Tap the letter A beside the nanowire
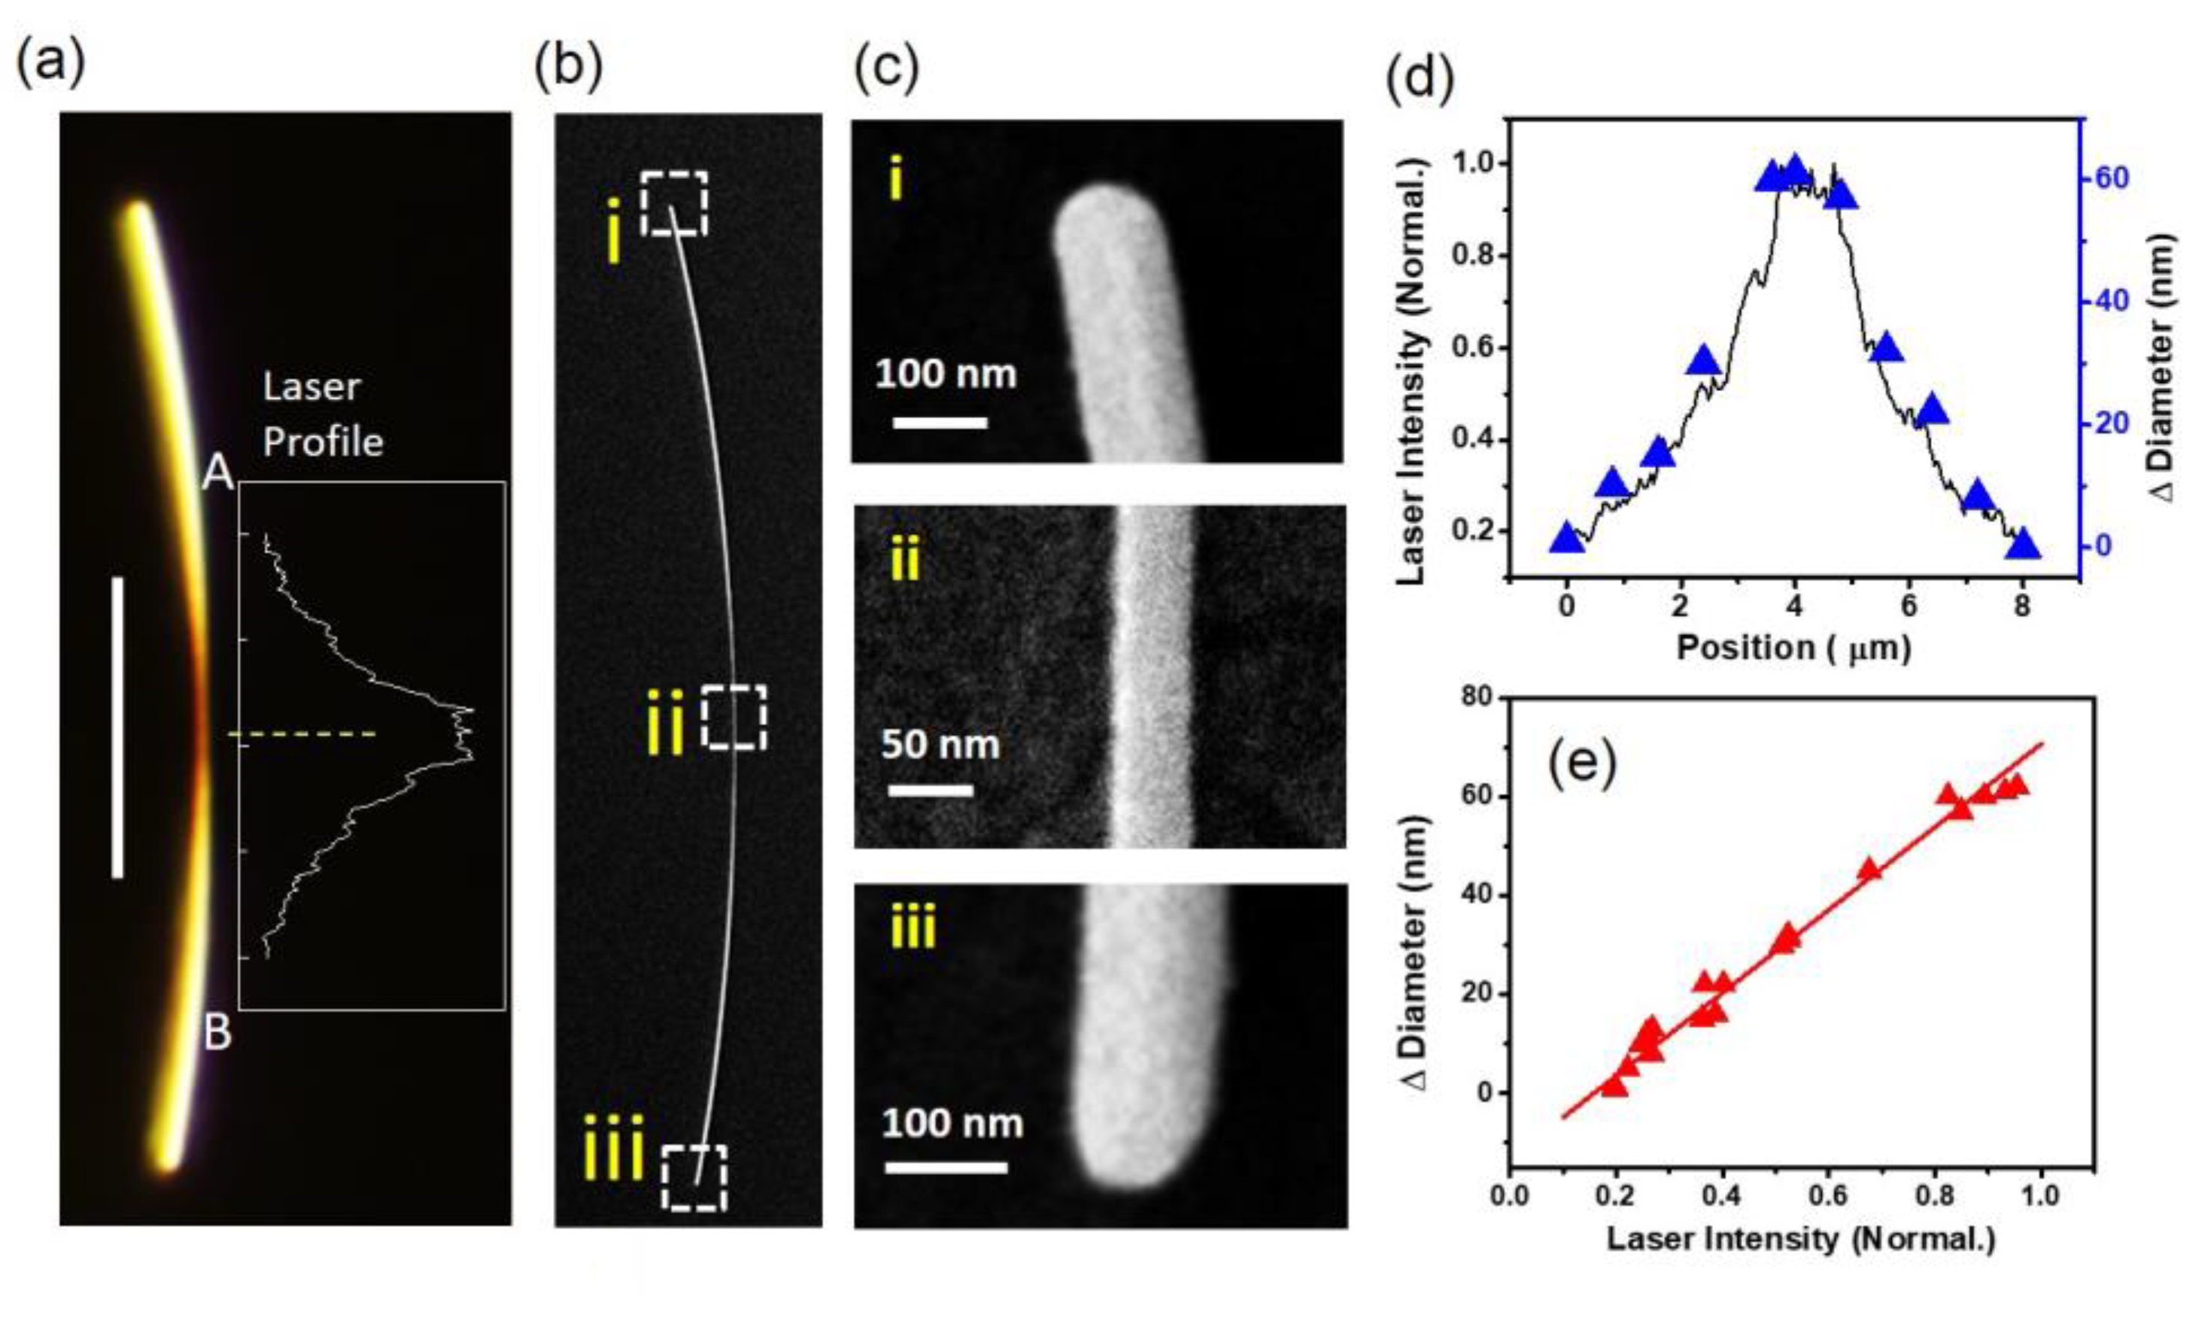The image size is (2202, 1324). click(217, 473)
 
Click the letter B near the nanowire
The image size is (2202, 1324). click(217, 1032)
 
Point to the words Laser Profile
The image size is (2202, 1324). click(323, 415)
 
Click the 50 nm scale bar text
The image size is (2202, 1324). click(940, 745)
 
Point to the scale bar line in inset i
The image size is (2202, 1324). click(940, 422)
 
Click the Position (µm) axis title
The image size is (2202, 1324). click(1793, 648)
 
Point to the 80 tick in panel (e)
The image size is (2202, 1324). click(1481, 697)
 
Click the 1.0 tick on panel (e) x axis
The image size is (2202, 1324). click(2040, 1195)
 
